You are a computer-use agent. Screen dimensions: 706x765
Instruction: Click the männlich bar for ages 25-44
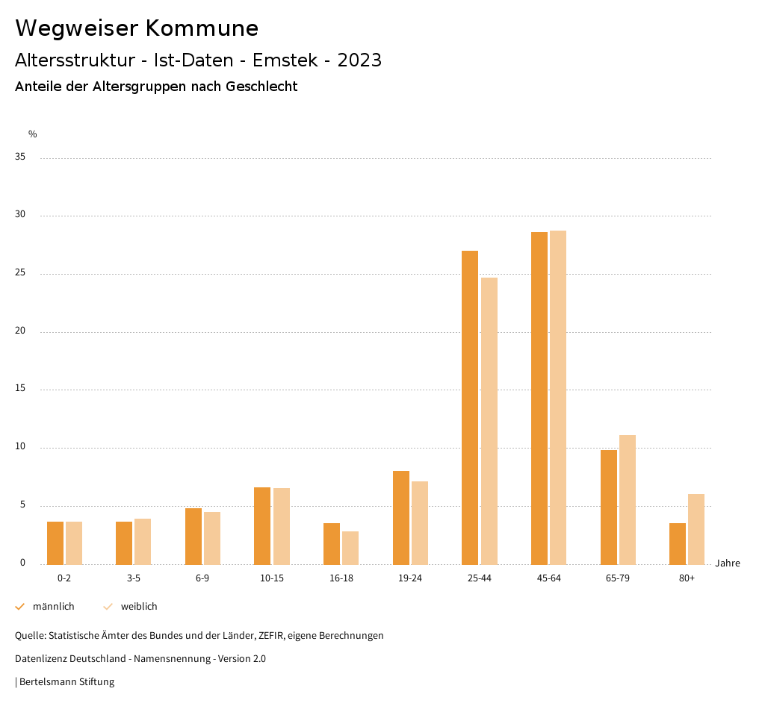tap(470, 407)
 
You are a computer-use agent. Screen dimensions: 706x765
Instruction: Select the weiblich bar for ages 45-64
tap(558, 397)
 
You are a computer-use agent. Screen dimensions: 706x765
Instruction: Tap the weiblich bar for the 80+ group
tap(696, 529)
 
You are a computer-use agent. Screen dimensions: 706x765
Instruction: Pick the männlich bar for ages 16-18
tap(332, 543)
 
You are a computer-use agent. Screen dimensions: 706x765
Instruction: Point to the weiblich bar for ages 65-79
tap(628, 499)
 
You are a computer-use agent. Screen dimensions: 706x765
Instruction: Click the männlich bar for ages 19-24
tap(401, 517)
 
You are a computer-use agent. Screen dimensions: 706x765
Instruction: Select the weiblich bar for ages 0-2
tap(74, 543)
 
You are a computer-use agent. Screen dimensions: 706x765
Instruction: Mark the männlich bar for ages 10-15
tap(262, 525)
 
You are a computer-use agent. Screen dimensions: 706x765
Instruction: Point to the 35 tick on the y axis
tap(20, 157)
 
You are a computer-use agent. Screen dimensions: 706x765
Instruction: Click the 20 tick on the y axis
tap(20, 331)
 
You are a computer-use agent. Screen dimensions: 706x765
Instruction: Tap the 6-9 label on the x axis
tap(202, 578)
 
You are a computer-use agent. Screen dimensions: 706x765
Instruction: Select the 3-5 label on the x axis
tap(133, 578)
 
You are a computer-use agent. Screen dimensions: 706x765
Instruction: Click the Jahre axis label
tap(727, 563)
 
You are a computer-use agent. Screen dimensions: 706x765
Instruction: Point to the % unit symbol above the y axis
tap(32, 134)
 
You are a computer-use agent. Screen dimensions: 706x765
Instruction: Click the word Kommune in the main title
tap(202, 28)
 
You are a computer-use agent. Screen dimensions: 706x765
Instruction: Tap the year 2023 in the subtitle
tap(359, 60)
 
